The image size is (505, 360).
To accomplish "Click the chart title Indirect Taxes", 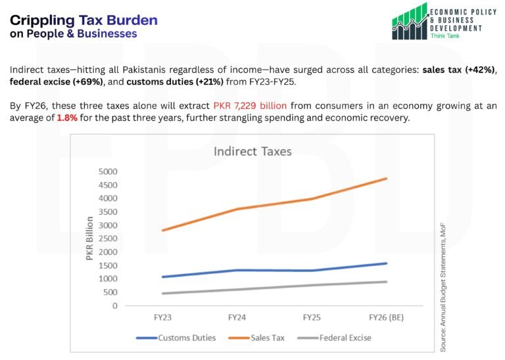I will tap(252, 152).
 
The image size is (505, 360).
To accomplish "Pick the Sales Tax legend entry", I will tap(268, 338).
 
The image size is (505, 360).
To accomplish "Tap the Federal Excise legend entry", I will tap(345, 338).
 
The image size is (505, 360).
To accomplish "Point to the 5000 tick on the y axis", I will tap(107, 171).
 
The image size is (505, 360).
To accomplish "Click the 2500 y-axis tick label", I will tap(107, 238).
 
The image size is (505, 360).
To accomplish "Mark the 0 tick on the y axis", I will tap(114, 305).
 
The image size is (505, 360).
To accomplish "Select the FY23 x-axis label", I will tap(163, 317).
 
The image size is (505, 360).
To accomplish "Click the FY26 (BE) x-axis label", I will tap(387, 317).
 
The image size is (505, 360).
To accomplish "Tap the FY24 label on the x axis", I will tap(237, 317).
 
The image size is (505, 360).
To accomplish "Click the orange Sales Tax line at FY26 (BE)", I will tap(387, 179).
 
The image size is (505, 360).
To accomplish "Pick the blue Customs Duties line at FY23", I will tap(163, 277).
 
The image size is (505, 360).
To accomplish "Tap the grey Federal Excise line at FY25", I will tap(312, 285).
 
